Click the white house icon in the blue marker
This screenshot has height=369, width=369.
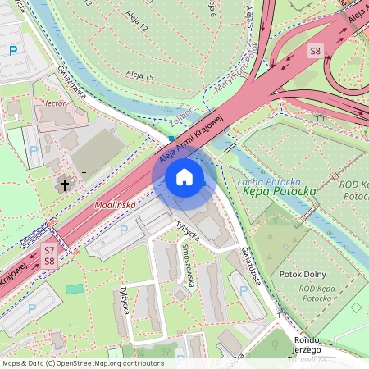click(184, 177)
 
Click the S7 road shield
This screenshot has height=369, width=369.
click(49, 249)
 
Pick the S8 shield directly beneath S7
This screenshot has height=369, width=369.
click(49, 261)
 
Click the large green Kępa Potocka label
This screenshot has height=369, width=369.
click(280, 192)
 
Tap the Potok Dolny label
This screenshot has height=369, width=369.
click(303, 274)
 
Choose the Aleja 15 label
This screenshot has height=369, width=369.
click(139, 75)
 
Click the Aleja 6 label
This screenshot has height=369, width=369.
click(212, 9)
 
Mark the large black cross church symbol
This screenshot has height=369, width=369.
click(65, 185)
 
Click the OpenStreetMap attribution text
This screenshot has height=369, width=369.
click(82, 363)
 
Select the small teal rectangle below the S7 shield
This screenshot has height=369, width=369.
click(75, 289)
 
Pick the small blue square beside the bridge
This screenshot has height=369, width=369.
click(171, 139)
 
